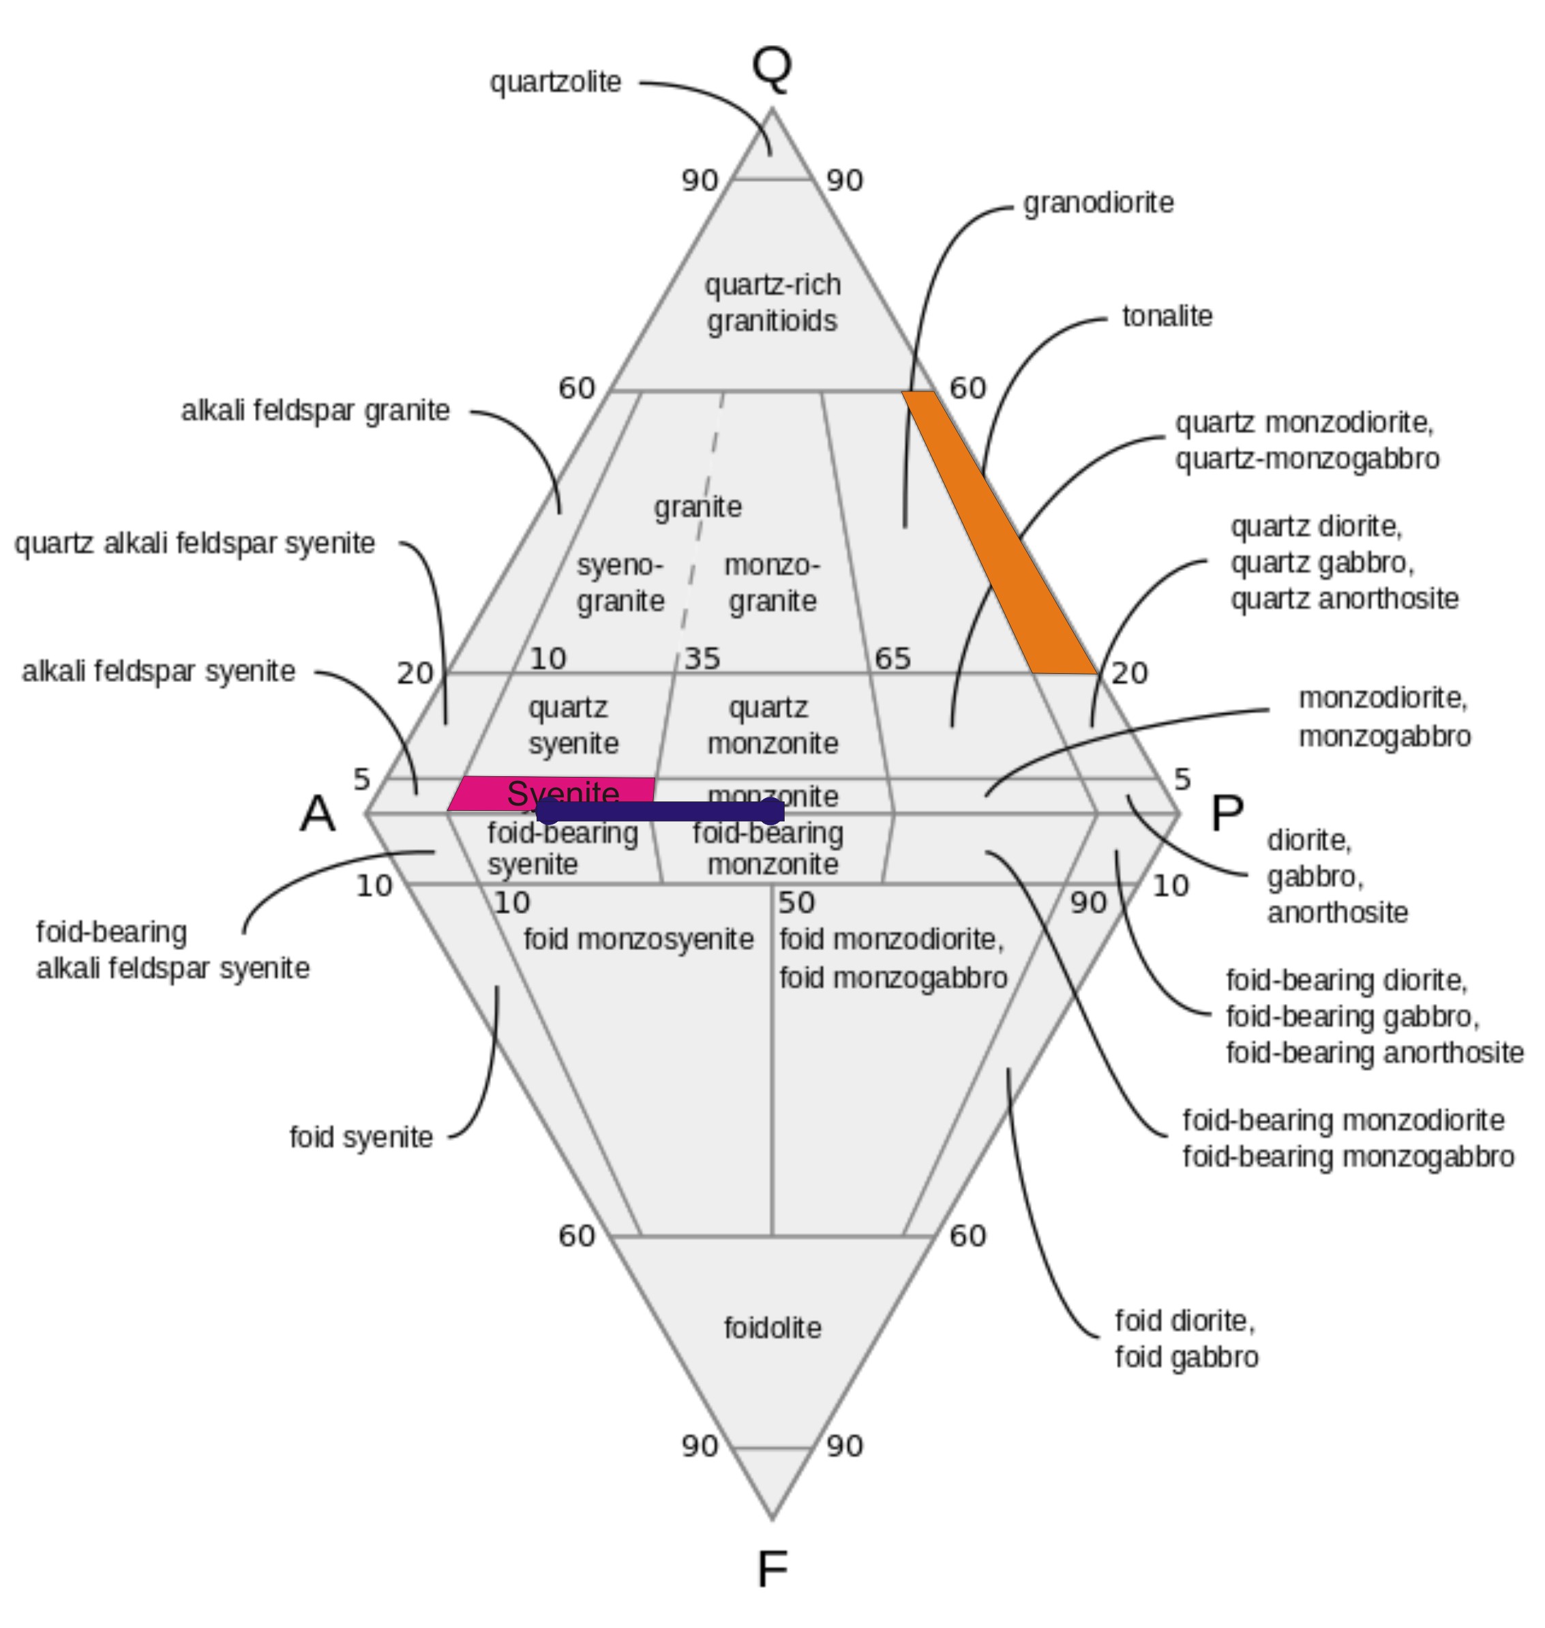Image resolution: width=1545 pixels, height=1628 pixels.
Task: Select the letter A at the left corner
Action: click(318, 814)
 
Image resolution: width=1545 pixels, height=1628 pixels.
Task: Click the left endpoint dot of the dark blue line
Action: click(548, 812)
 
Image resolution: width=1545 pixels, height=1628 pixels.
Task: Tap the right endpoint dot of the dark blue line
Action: click(771, 812)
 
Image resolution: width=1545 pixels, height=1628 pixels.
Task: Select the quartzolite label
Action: click(555, 83)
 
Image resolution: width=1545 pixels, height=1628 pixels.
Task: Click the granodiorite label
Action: click(1098, 203)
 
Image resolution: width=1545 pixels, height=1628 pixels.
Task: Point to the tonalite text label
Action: click(1167, 316)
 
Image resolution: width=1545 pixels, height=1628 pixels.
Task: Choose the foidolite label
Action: click(772, 1328)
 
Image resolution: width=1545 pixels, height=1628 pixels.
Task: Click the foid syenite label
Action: click(361, 1137)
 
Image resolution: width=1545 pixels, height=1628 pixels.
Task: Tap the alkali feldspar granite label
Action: click(316, 411)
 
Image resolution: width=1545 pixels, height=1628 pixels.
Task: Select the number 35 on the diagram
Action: click(702, 658)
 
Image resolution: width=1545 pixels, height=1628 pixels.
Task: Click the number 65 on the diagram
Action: click(892, 658)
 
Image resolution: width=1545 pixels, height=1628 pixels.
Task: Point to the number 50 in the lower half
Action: click(796, 903)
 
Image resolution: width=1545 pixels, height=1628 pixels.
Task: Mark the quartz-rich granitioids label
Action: click(772, 302)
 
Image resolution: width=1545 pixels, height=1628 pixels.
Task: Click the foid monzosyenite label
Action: click(638, 939)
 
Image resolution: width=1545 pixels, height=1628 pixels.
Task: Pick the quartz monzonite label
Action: click(772, 725)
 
